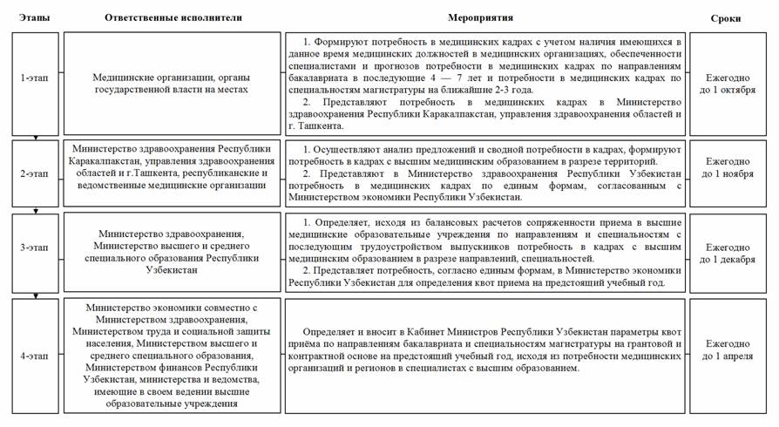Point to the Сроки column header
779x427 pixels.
click(x=726, y=17)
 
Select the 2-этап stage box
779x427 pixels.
click(x=36, y=173)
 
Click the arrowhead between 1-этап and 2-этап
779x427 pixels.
click(x=36, y=138)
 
